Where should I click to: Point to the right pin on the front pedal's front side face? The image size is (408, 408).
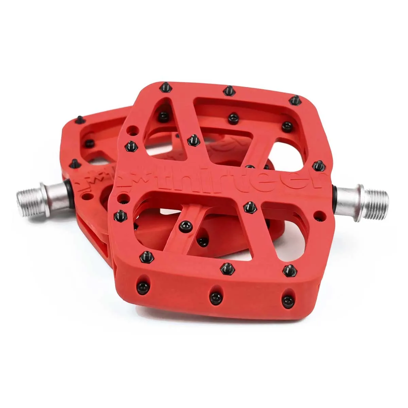[x=288, y=300]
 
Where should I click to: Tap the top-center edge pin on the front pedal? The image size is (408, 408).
[x=229, y=90]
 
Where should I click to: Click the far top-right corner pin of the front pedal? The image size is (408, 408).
[x=294, y=100]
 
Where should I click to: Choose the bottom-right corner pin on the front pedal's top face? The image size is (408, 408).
[x=290, y=270]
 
